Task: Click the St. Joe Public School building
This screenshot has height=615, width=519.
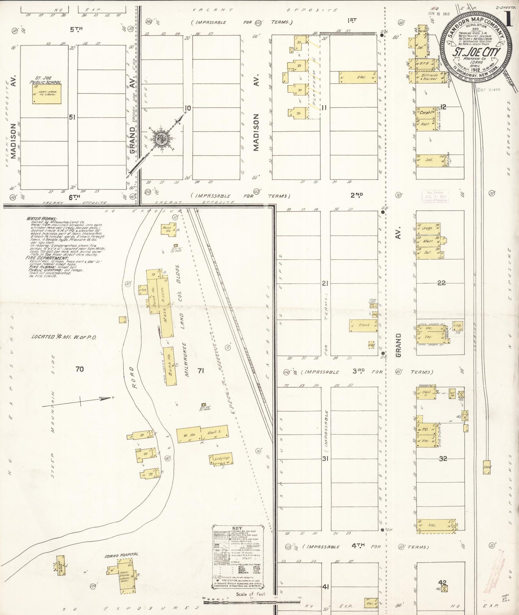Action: [47, 94]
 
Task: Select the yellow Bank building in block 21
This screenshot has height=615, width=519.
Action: [363, 325]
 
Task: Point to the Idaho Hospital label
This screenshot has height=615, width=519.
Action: [121, 555]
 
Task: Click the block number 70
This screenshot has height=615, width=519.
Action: [79, 369]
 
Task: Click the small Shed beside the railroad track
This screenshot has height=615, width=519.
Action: [487, 467]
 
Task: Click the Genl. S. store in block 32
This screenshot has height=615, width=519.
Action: [426, 394]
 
